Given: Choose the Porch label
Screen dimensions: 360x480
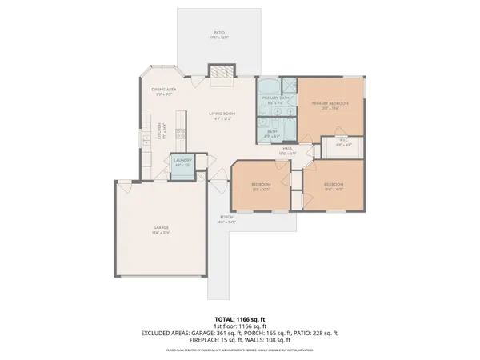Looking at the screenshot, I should pos(226,218).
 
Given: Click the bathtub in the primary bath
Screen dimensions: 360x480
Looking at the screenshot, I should pos(267,86).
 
